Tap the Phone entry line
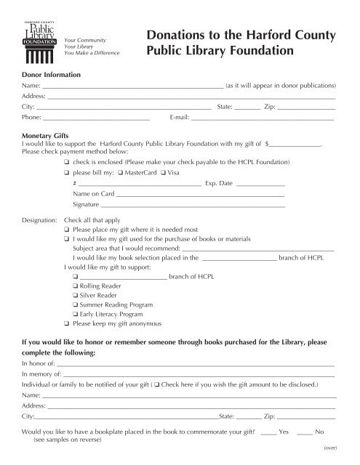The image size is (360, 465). pyautogui.click(x=95, y=117)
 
